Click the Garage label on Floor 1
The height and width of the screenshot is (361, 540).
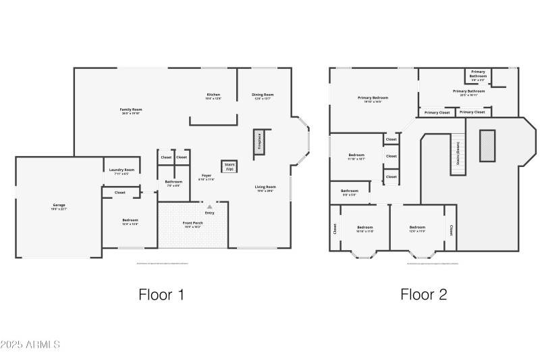tap(59, 205)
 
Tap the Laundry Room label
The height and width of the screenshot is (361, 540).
tap(122, 170)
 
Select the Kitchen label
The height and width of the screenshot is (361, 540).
tap(213, 95)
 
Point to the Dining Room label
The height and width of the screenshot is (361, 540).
tap(263, 95)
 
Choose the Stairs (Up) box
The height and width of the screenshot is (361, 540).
tap(229, 166)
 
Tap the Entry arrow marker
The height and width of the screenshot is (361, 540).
tap(209, 206)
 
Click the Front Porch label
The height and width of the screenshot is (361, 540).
tap(193, 223)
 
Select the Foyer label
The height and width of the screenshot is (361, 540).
tap(206, 178)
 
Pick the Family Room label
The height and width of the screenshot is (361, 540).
tap(131, 110)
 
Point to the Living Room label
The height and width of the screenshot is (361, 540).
tap(265, 187)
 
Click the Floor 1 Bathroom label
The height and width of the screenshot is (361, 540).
tap(173, 182)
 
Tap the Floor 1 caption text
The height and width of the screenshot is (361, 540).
tap(161, 294)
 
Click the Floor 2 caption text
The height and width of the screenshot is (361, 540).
tap(423, 294)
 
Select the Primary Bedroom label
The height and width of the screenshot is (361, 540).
tap(373, 99)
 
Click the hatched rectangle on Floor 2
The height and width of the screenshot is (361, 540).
tap(487, 145)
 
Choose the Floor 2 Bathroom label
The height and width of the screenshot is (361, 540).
tap(350, 192)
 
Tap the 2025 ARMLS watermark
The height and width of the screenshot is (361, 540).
tap(30, 344)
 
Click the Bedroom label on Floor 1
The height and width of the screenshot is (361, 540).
tap(130, 221)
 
